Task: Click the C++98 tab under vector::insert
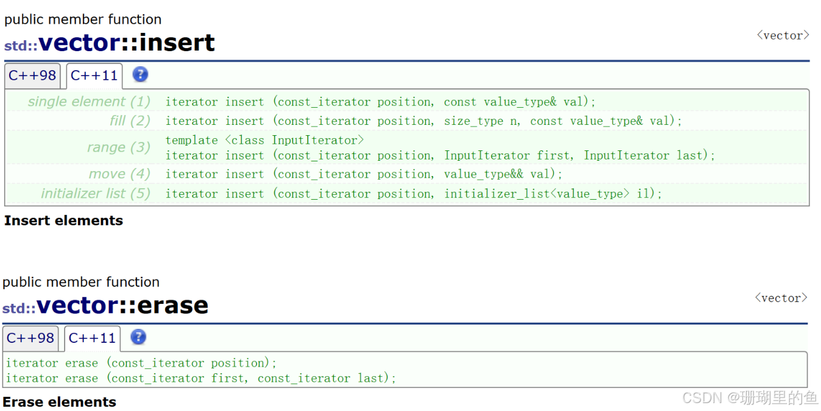pos(32,76)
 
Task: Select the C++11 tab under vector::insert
pos(94,76)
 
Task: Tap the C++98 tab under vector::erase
pos(30,338)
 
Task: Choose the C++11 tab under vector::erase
pos(92,338)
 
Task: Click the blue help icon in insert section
pos(140,74)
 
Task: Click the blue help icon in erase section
pos(138,337)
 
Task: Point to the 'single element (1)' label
pos(89,102)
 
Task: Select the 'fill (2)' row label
pos(130,121)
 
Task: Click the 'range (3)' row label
pos(119,147)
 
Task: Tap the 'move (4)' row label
pos(119,174)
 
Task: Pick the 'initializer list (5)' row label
pos(95,194)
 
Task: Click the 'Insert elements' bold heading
pos(63,220)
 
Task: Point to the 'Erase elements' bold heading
pos(59,402)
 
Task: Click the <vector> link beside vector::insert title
pos(783,35)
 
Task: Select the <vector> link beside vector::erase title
pos(781,298)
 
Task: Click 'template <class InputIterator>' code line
pos(264,140)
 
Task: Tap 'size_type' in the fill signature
pos(473,121)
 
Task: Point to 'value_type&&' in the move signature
pos(484,174)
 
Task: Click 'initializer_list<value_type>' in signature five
pos(537,194)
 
